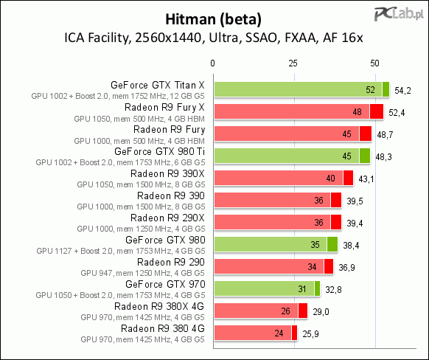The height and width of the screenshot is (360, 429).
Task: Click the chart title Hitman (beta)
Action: [214, 20]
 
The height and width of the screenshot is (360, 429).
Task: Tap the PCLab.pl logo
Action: [399, 14]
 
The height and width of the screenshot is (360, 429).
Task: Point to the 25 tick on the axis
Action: [293, 63]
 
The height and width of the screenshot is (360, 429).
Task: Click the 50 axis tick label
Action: [374, 63]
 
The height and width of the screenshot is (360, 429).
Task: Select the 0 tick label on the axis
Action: [212, 63]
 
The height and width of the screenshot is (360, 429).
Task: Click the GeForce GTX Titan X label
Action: [158, 85]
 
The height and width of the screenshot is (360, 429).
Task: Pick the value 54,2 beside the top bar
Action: [402, 90]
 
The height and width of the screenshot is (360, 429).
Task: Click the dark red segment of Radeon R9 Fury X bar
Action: [377, 111]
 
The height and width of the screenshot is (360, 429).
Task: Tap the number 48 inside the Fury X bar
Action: [357, 112]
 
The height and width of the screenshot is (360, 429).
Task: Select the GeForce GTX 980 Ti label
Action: [159, 151]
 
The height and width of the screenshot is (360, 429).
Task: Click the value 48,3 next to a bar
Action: [383, 157]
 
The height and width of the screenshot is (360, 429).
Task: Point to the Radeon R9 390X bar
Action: [284, 178]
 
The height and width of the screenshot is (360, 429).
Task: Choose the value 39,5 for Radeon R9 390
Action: [355, 201]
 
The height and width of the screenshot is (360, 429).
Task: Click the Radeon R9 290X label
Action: [167, 218]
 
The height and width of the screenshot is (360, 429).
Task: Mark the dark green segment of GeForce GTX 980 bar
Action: [332, 244]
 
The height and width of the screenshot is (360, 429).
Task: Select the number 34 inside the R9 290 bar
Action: [312, 267]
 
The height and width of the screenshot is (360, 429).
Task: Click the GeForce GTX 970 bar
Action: [267, 288]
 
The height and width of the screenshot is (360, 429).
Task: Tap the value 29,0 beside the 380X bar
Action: [321, 312]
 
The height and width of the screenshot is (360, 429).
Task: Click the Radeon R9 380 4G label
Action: [162, 328]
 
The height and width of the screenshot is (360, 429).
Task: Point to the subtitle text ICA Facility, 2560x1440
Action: [133, 38]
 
